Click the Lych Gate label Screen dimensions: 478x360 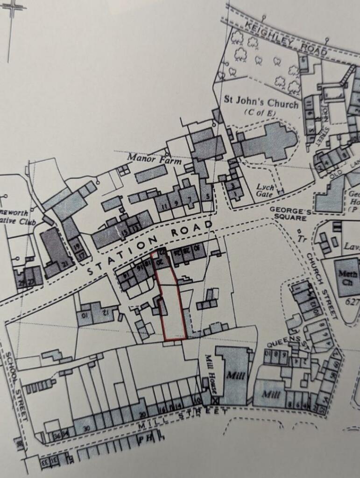pyautogui.click(x=265, y=190)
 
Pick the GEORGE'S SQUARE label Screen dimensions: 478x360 pyautogui.click(x=290, y=215)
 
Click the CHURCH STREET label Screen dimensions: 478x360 pyautogui.click(x=322, y=286)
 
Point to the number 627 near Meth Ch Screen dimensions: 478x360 pyautogui.click(x=353, y=302)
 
